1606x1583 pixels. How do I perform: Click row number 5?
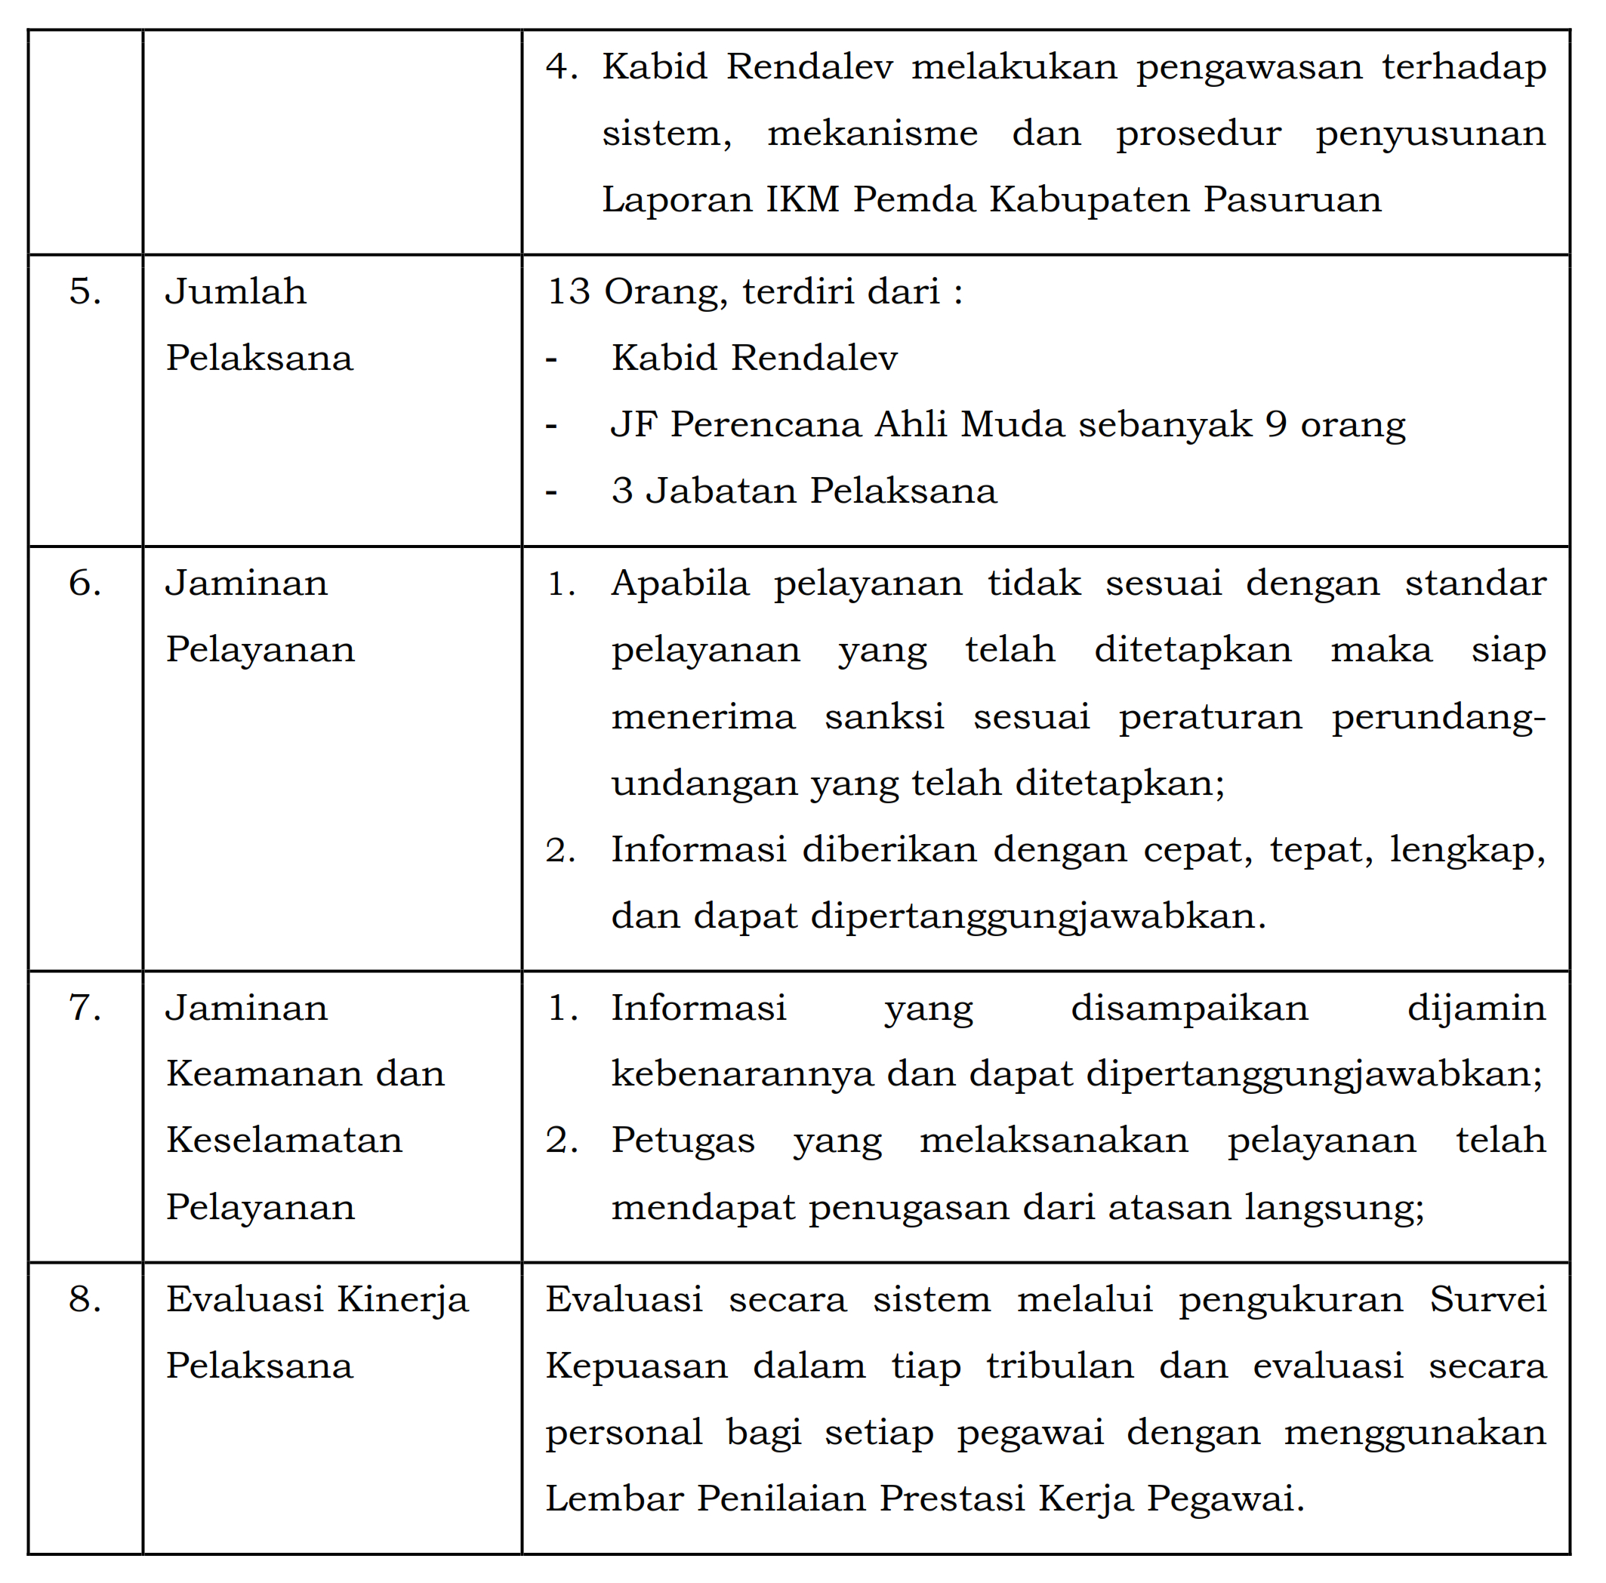click(85, 291)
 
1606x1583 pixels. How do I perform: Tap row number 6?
click(85, 584)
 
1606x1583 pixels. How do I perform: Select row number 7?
click(85, 1008)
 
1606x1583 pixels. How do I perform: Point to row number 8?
click(85, 1300)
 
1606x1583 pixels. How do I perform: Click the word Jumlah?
click(236, 291)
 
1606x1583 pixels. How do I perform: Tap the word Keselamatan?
click(285, 1140)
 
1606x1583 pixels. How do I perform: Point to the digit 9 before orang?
click(1276, 425)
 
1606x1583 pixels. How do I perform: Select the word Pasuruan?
click(1293, 199)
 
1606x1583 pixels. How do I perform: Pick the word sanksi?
click(884, 717)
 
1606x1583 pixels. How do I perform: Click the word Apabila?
click(680, 584)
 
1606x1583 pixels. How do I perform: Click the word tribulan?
click(1060, 1366)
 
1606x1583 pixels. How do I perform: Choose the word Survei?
click(1487, 1300)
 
